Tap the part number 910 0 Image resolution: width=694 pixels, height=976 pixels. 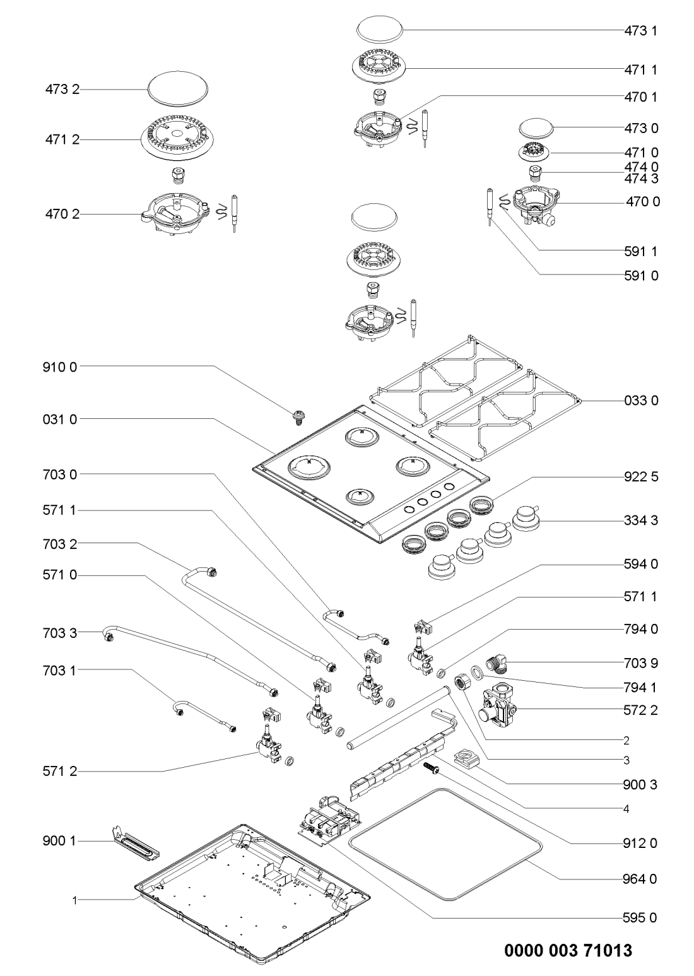point(61,366)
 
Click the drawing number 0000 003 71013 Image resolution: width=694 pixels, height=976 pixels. point(568,950)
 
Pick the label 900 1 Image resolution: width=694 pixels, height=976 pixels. point(61,842)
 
